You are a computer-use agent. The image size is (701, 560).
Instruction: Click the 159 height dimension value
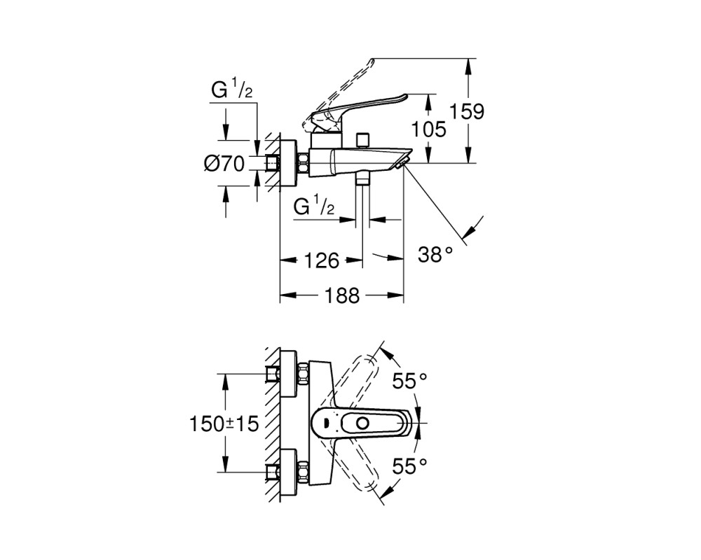(x=466, y=111)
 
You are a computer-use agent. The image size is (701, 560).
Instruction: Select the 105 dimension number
(x=428, y=129)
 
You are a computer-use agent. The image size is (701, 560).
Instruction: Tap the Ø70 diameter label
(x=224, y=164)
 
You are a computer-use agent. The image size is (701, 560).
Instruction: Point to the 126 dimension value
(x=322, y=260)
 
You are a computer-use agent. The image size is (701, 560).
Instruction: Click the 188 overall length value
(x=342, y=295)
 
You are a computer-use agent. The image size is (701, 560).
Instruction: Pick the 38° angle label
(x=436, y=255)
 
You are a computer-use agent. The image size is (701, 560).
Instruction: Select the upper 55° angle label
(x=410, y=381)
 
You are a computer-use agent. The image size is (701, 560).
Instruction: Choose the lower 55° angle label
(x=410, y=466)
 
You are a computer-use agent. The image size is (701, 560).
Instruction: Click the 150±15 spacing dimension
(x=224, y=423)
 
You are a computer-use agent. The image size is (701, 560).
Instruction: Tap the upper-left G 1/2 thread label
(x=232, y=91)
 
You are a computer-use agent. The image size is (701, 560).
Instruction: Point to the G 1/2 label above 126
(x=314, y=206)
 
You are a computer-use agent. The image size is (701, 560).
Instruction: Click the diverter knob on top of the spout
(x=362, y=139)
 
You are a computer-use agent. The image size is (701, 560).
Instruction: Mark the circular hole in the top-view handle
(x=362, y=423)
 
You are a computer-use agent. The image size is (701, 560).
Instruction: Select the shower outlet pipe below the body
(x=362, y=200)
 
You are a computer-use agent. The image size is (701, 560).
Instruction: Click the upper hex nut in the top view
(x=303, y=373)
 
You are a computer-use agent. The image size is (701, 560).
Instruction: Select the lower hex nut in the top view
(x=303, y=472)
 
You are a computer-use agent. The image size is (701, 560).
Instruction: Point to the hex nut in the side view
(x=303, y=164)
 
